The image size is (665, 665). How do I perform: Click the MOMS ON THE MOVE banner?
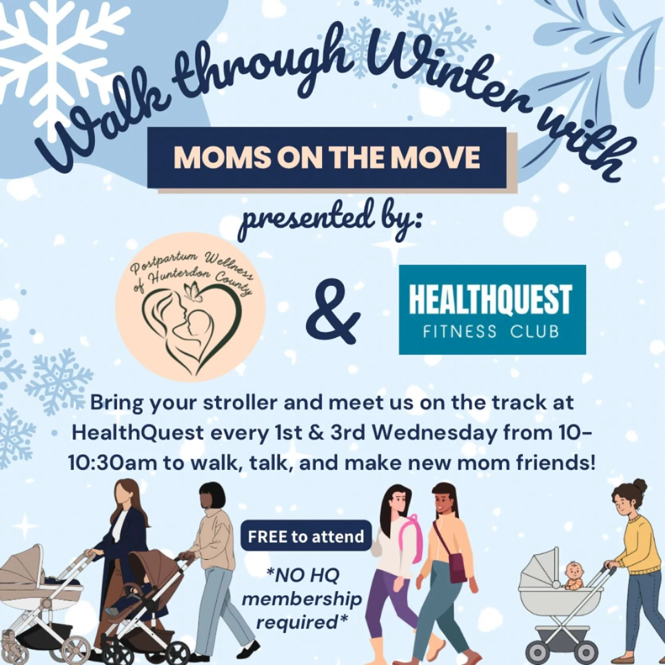[x=327, y=157]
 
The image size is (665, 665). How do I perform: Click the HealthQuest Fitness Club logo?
[x=492, y=309]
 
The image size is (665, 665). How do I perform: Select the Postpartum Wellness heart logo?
[x=190, y=307]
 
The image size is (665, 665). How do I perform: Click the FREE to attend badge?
[x=306, y=536]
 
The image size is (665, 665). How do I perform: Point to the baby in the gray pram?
[x=573, y=575]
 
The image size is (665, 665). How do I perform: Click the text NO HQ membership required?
[x=302, y=598]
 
